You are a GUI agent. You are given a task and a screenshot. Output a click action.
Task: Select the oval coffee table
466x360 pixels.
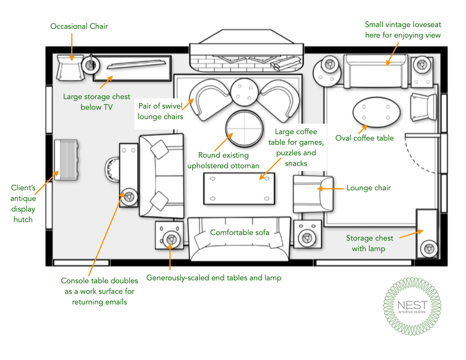376,112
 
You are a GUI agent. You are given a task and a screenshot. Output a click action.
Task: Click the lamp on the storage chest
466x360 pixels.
428,247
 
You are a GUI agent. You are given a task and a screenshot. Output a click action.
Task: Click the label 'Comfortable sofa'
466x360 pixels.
240,232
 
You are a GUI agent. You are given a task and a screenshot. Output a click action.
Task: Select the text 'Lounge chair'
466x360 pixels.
368,188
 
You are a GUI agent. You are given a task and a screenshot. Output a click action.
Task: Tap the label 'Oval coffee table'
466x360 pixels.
364,138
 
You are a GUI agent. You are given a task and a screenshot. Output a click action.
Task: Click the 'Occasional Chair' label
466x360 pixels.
79,26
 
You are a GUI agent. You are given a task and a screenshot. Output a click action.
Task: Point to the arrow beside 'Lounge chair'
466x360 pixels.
330,189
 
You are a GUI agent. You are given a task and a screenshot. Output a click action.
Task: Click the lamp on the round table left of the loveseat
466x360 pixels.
330,64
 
